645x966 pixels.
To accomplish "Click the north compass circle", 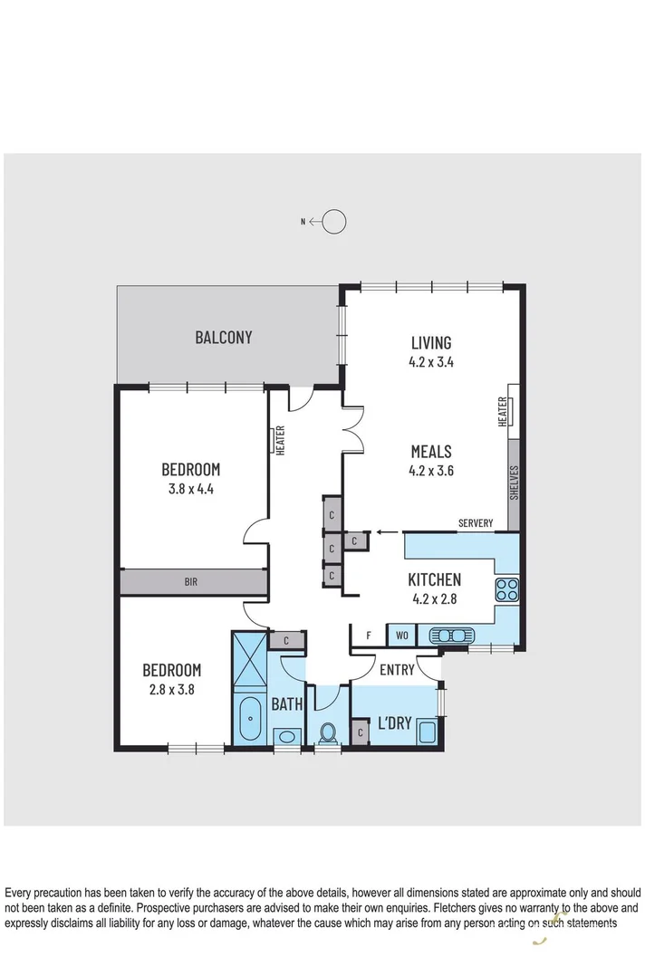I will coord(334,221).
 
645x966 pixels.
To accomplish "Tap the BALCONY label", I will coord(224,338).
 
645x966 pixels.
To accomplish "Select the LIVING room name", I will coord(430,343).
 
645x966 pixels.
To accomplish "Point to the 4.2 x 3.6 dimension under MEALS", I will coord(430,470).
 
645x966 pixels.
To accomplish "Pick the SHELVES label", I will coord(514,483).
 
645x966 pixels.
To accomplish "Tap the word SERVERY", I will coord(476,523).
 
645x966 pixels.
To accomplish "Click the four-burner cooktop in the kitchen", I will coord(506,590).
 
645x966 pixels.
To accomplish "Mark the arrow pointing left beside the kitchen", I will coord(387,532).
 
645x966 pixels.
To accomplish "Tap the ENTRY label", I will coord(397,670).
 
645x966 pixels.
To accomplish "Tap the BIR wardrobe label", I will coord(192,583).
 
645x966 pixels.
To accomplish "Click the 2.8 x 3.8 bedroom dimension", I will coord(171,688).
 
